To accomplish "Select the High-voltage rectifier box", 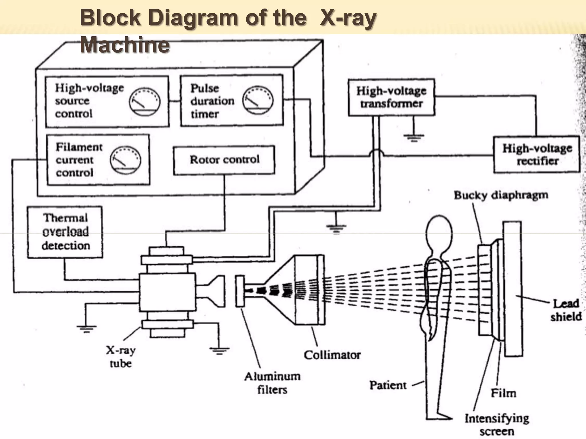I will point(537,155).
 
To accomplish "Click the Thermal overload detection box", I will point(65,232).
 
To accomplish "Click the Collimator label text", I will point(332,355).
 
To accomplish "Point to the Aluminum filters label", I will point(272,383).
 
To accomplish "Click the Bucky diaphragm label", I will point(501,195).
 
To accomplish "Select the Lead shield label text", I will point(566,310).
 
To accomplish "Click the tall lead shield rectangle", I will point(513,289).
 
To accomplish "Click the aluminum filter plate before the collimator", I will point(240,291).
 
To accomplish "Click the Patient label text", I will point(388,385).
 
